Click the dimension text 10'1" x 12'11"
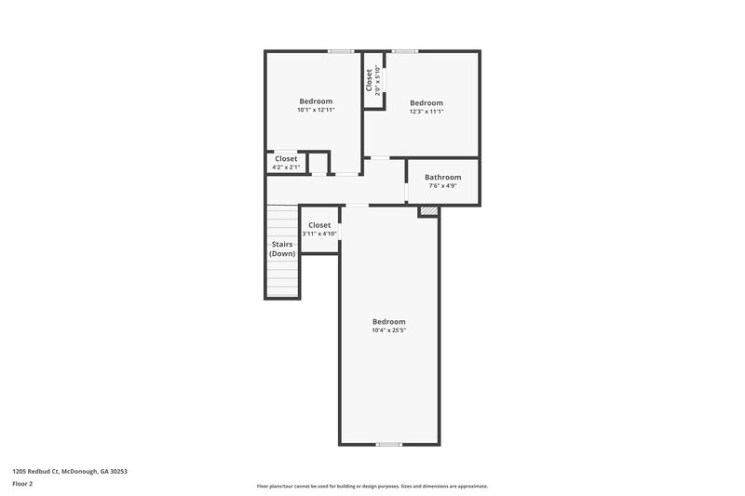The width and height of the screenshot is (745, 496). (x=316, y=110)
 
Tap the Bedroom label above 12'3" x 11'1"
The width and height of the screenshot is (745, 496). (x=427, y=102)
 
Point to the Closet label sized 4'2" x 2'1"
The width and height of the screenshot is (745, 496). (x=286, y=159)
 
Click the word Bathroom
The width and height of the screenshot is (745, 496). (x=442, y=177)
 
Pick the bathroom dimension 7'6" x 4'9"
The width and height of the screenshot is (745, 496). (x=442, y=186)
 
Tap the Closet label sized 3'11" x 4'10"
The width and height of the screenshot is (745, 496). (x=319, y=225)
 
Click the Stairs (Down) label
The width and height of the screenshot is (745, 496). (x=282, y=248)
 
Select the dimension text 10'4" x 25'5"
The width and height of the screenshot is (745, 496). (x=388, y=330)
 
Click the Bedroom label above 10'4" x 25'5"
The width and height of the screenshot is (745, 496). (x=388, y=321)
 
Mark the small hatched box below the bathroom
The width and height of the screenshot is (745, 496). (x=427, y=212)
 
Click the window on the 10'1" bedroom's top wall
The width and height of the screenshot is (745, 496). (x=341, y=51)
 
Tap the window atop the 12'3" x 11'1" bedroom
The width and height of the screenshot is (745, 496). (x=404, y=51)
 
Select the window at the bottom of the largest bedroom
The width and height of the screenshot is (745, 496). (x=388, y=445)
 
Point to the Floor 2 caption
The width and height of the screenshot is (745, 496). (x=22, y=484)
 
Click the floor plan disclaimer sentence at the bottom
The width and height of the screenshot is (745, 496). (x=372, y=486)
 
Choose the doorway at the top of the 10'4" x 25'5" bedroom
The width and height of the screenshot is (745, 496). (x=357, y=205)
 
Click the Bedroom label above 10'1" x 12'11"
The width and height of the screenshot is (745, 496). (x=316, y=101)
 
